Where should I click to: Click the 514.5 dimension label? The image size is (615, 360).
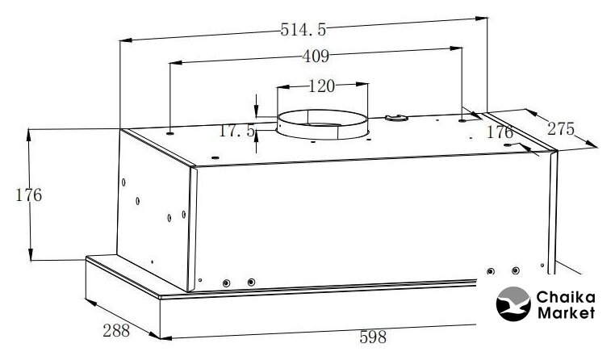click(303, 30)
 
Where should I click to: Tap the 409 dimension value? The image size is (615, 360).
click(316, 57)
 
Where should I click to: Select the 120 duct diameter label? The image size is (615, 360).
click(321, 86)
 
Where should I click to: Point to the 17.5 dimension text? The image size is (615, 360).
click(237, 131)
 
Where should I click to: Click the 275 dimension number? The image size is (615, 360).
click(561, 129)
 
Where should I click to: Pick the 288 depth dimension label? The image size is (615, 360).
click(116, 331)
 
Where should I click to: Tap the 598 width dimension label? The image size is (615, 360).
click(373, 337)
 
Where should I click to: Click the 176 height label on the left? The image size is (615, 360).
click(28, 195)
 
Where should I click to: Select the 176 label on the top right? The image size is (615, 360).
click(500, 132)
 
